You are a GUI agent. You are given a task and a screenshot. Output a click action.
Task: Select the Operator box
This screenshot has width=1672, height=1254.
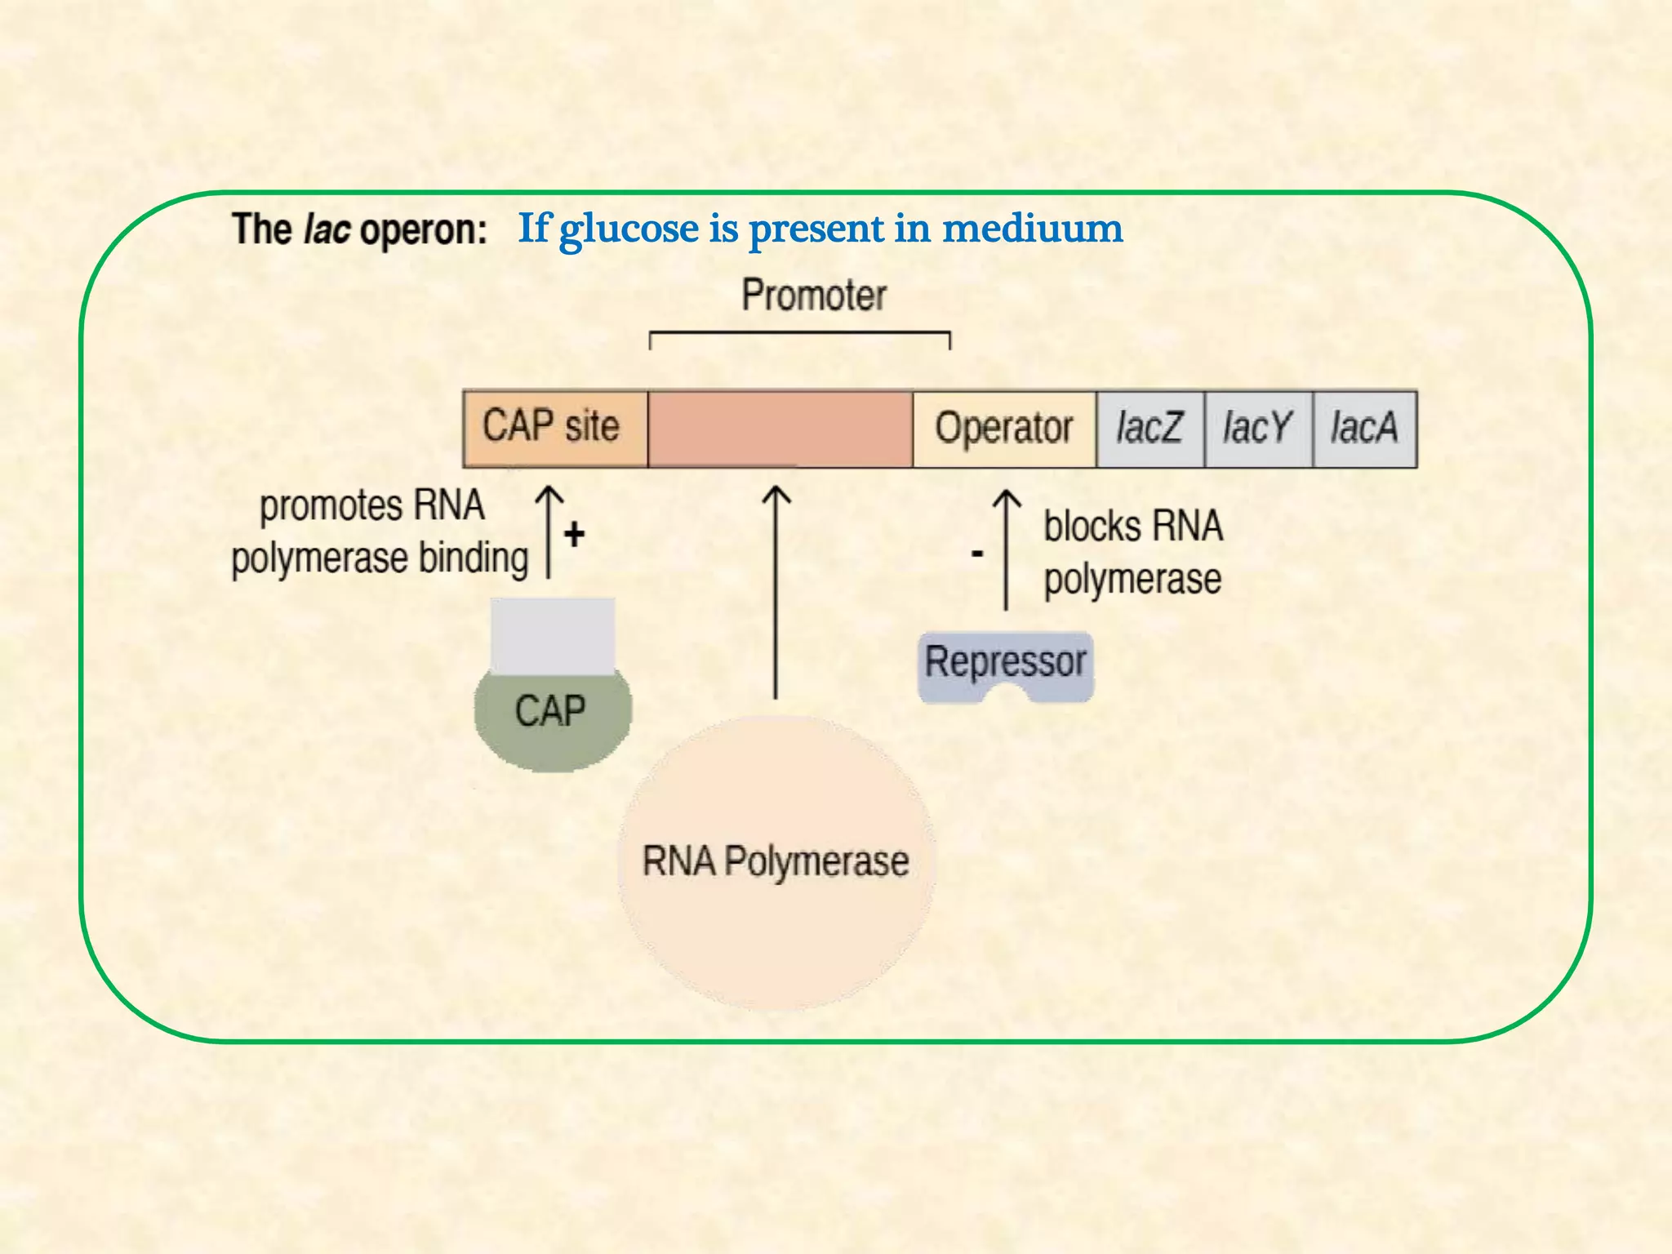pyautogui.click(x=1004, y=429)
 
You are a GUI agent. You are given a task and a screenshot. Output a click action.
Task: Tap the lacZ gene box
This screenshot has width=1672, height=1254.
pyautogui.click(x=1149, y=429)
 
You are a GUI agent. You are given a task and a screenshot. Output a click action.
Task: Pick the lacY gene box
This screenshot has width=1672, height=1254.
pyautogui.click(x=1258, y=429)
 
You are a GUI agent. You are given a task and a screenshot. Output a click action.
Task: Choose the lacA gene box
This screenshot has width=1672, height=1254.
pyautogui.click(x=1364, y=429)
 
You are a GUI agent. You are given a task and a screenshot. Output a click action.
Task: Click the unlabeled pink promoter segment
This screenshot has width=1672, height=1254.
pyautogui.click(x=780, y=429)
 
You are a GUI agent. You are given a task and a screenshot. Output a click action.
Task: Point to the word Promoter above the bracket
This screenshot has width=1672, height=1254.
pyautogui.click(x=814, y=296)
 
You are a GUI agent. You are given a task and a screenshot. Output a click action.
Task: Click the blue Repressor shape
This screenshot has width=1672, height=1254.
pyautogui.click(x=1006, y=663)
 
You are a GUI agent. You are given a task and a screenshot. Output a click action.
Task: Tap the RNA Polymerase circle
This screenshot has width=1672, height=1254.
pyautogui.click(x=776, y=862)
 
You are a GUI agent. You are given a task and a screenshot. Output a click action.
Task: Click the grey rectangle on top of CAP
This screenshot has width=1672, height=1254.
pyautogui.click(x=553, y=635)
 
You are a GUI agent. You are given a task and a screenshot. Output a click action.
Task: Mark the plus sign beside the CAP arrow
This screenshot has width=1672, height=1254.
pyautogui.click(x=574, y=534)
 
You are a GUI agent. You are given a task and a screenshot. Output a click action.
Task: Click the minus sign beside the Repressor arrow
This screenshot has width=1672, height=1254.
pyautogui.click(x=976, y=554)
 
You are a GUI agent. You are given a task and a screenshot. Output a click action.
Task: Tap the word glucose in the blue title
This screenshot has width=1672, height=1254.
pyautogui.click(x=629, y=229)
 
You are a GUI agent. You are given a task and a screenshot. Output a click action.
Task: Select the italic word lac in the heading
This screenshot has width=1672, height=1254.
pyautogui.click(x=327, y=229)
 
